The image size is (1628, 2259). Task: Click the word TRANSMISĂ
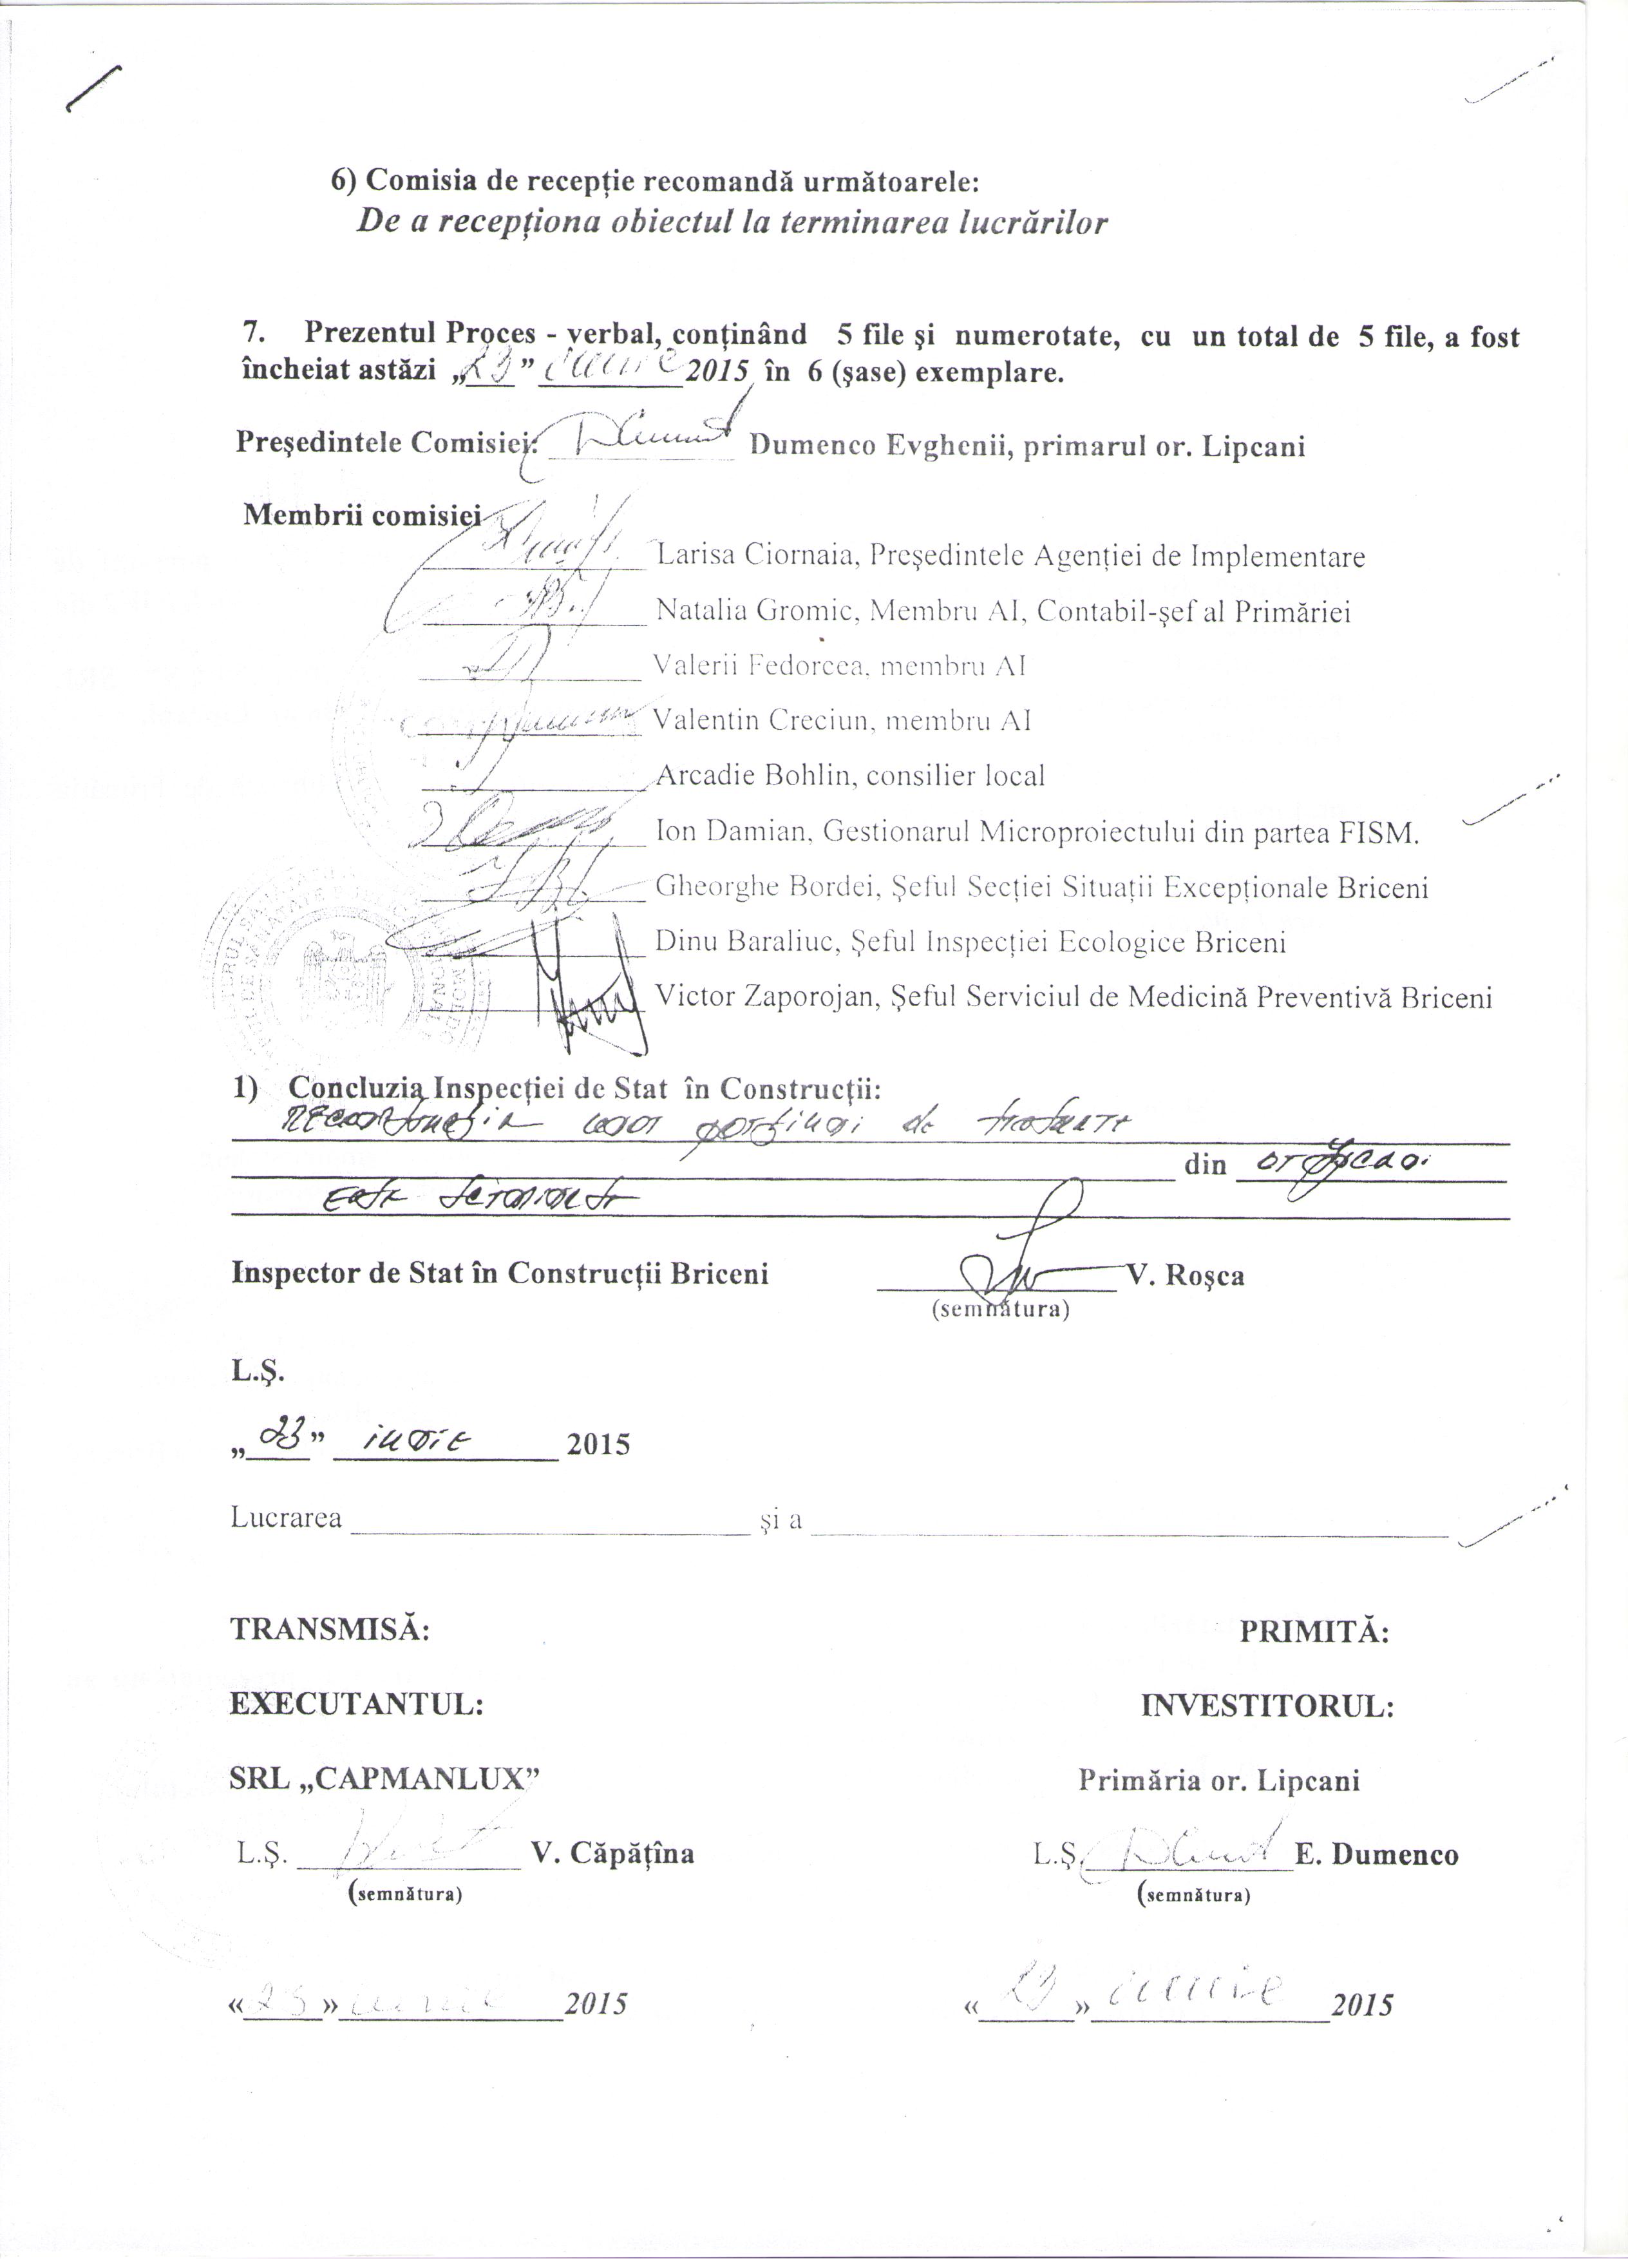click(330, 1630)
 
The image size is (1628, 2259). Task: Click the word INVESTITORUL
click(1267, 1705)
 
